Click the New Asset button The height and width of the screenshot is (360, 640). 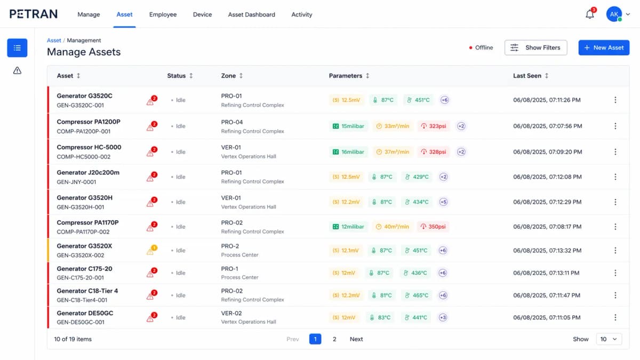(604, 47)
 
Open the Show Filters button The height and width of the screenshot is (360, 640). (535, 47)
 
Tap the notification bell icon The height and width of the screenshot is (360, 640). (590, 14)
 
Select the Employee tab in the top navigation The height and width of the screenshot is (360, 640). (163, 14)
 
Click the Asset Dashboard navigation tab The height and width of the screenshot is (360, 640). (251, 14)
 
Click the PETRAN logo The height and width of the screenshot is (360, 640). (34, 14)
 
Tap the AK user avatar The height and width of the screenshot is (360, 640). (614, 14)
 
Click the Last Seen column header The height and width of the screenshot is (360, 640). (527, 76)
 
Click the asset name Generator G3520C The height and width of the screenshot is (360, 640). (84, 96)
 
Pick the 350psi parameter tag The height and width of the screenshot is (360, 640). (433, 227)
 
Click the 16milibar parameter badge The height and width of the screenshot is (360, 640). (348, 152)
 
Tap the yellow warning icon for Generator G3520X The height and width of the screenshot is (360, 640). (151, 251)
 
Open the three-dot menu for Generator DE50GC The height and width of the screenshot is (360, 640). (615, 317)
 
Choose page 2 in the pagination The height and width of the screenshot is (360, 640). (334, 339)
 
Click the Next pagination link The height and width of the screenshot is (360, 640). (356, 339)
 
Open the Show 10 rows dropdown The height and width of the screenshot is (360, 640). (609, 339)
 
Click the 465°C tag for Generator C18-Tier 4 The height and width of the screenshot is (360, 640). (417, 295)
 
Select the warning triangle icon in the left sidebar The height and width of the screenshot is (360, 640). (17, 70)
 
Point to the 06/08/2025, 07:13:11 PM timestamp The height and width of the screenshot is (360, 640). (546, 273)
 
